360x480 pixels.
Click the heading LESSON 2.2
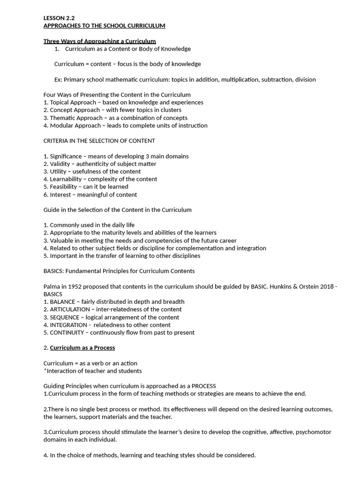(59, 18)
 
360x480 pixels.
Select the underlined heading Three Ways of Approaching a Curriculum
(99, 41)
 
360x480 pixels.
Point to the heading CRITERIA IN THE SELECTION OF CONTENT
(99, 141)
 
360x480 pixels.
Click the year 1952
(74, 286)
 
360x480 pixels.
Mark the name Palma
(52, 286)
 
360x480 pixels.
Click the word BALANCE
(62, 302)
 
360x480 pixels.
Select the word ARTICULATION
(69, 309)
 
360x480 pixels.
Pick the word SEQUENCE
(64, 317)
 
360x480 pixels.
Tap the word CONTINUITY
(67, 332)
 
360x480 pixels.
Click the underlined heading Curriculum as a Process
(82, 348)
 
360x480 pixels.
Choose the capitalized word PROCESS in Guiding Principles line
(204, 386)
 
